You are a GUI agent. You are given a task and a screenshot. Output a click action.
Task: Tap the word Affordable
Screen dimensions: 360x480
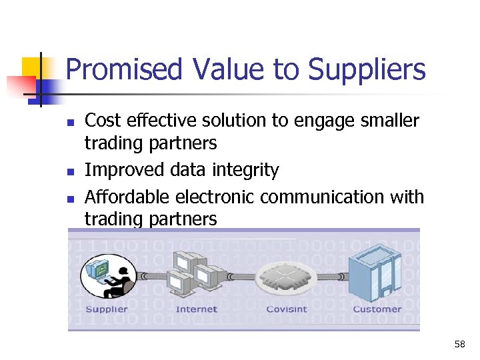[x=128, y=197]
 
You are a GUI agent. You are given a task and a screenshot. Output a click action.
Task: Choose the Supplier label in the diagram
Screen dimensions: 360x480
[x=107, y=309]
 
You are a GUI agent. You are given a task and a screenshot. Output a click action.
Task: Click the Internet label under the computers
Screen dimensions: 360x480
[x=197, y=309]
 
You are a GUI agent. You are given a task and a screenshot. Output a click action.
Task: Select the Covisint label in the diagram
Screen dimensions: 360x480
[x=287, y=309]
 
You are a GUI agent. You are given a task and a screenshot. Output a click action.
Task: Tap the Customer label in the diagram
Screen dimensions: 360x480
[x=377, y=309]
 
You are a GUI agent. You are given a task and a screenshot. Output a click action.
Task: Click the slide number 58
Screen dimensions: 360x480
[x=459, y=345]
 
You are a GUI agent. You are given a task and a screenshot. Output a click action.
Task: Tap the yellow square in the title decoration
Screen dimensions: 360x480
[x=31, y=68]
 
